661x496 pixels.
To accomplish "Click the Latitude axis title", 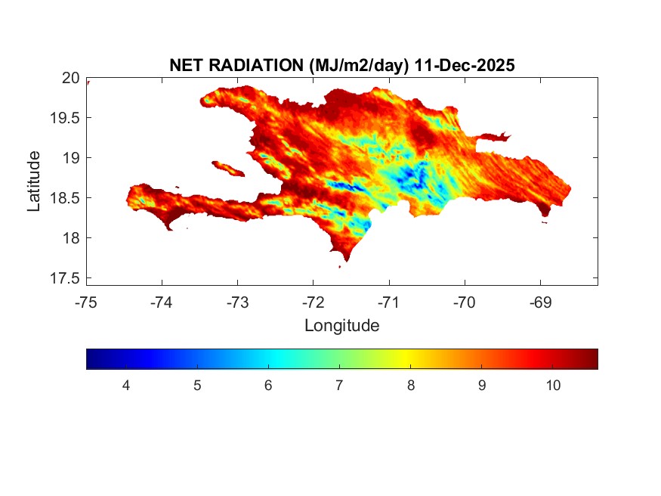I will click(x=34, y=181).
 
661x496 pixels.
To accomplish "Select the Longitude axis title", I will click(x=341, y=326).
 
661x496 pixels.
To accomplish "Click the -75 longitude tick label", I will click(x=86, y=303).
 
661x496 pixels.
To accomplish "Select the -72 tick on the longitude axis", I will click(x=313, y=303).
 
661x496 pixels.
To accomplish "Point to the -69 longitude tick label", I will click(x=540, y=303).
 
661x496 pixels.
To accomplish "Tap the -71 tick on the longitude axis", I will click(x=389, y=303).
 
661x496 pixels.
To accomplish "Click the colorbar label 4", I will click(x=126, y=386).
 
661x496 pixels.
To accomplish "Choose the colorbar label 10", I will click(x=552, y=386).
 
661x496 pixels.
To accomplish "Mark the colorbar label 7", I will click(x=339, y=386).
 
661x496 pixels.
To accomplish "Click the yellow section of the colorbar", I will click(x=409, y=358).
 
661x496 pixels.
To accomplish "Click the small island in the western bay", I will click(x=227, y=167).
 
